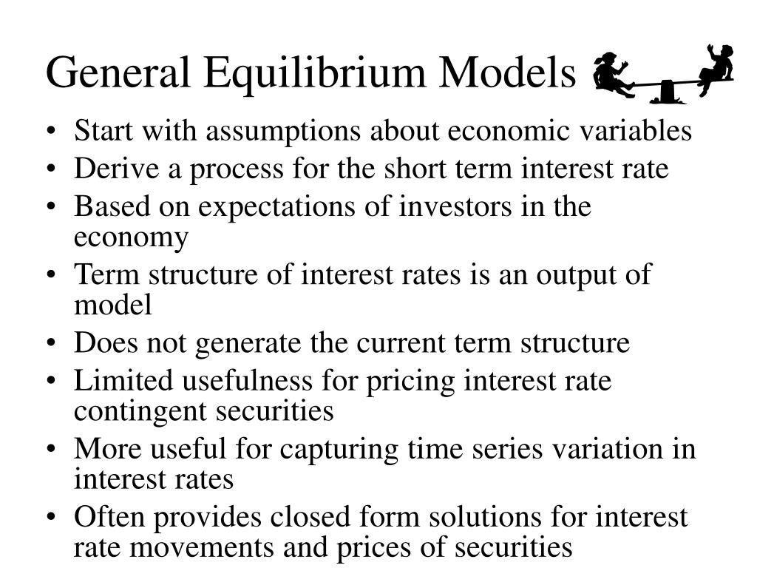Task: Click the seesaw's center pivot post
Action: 667,92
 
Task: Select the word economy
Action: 131,237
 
